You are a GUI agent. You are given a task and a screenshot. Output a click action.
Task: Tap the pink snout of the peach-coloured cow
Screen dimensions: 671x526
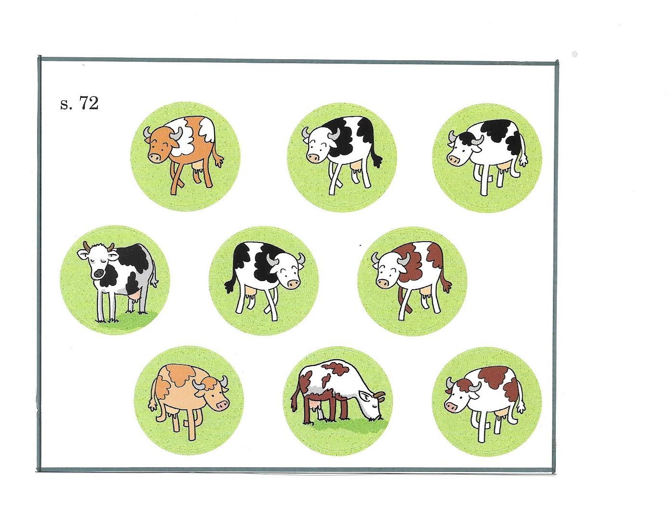222,404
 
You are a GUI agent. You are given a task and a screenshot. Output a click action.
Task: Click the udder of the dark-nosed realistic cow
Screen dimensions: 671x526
135,296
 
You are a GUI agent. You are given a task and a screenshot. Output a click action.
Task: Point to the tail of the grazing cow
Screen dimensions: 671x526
295,398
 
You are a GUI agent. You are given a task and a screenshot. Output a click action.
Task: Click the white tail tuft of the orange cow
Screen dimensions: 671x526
219,161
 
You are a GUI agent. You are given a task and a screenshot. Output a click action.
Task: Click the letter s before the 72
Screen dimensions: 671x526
64,105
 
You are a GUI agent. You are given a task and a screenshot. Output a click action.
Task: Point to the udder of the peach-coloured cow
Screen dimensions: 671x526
172,414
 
